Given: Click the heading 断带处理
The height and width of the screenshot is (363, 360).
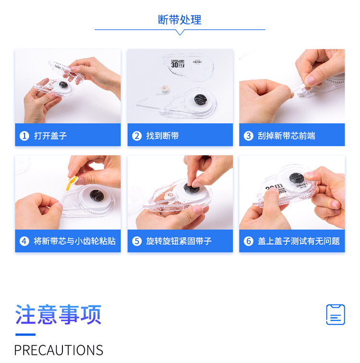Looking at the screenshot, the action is (180, 20).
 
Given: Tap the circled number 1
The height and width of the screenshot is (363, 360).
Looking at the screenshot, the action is (24, 136).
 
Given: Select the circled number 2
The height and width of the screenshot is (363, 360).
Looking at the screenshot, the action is (137, 136).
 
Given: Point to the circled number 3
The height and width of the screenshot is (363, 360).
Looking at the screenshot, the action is (249, 136).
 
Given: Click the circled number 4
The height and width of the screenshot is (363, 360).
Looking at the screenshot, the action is (24, 241).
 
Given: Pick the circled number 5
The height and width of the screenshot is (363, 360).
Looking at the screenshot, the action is (137, 241).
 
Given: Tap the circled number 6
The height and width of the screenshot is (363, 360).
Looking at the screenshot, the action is (249, 241).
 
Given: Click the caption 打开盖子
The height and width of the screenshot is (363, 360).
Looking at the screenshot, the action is (50, 136).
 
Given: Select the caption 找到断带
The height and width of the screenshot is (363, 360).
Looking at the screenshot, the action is (162, 136).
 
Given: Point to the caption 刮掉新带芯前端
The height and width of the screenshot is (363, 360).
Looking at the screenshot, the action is (287, 136).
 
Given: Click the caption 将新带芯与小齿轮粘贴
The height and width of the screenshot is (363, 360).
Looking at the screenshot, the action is (74, 241).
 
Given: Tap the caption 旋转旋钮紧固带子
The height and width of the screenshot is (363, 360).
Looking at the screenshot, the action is (179, 241).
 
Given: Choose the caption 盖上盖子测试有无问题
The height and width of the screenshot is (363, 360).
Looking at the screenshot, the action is (299, 241).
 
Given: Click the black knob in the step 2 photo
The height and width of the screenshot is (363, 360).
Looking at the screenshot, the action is (200, 99).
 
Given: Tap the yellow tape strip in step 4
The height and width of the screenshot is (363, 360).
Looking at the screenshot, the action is (72, 183).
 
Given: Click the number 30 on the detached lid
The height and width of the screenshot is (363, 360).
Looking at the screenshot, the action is (175, 65).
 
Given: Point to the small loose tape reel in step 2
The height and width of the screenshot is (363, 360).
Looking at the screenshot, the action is (165, 89).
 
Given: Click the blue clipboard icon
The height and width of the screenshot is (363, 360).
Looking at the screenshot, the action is (336, 315).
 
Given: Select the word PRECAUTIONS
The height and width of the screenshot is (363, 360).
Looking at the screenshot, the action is (59, 350).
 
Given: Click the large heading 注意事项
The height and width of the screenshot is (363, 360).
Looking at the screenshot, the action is (58, 315).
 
